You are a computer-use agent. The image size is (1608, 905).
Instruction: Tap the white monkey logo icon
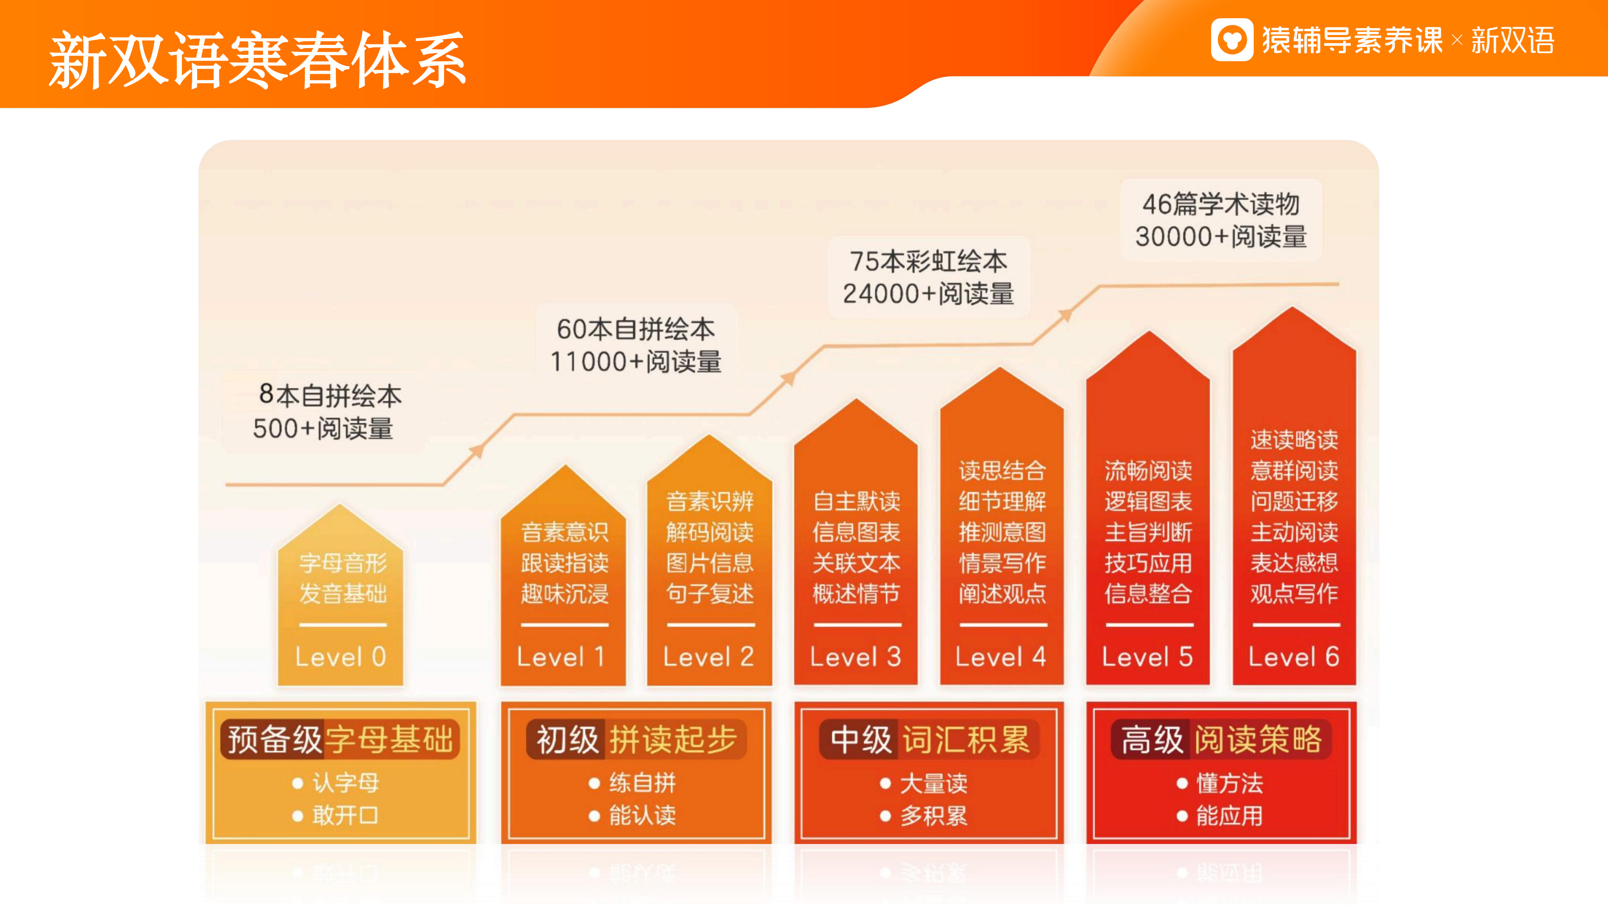point(1231,40)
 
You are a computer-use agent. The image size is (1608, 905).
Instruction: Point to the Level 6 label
point(1294,656)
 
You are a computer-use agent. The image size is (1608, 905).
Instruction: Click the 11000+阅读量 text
point(635,362)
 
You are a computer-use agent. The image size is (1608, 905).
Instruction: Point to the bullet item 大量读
point(933,783)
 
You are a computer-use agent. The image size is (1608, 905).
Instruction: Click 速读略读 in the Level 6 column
point(1294,440)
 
